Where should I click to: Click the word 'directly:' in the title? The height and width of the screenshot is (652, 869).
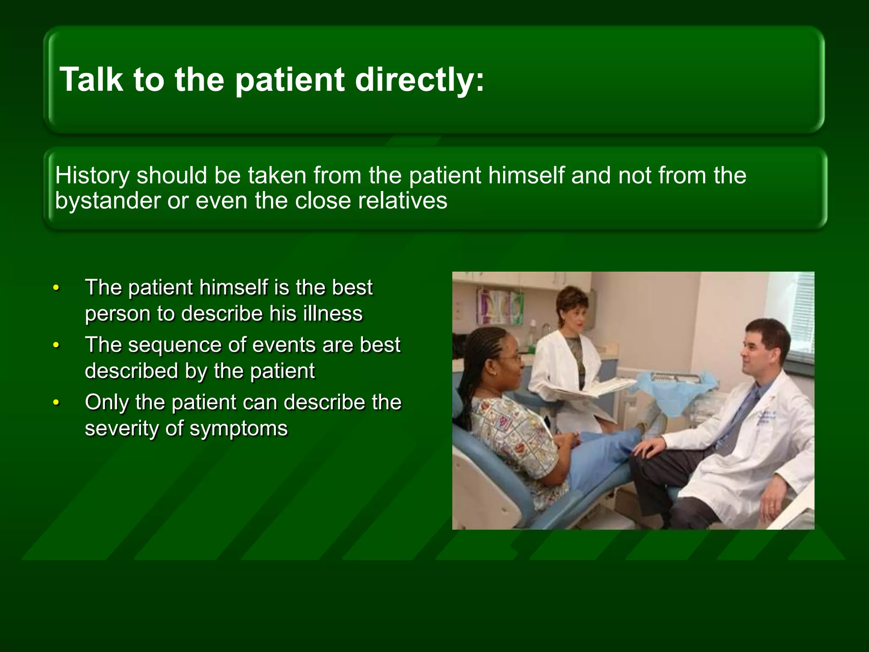pyautogui.click(x=419, y=79)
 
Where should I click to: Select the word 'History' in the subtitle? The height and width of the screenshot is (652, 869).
pyautogui.click(x=92, y=175)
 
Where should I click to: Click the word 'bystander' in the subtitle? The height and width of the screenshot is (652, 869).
pyautogui.click(x=107, y=200)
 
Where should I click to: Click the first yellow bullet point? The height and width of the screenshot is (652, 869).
pyautogui.click(x=56, y=288)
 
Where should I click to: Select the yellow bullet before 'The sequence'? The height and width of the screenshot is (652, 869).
pyautogui.click(x=56, y=346)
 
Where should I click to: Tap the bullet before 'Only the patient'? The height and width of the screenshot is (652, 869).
pyautogui.click(x=56, y=403)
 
